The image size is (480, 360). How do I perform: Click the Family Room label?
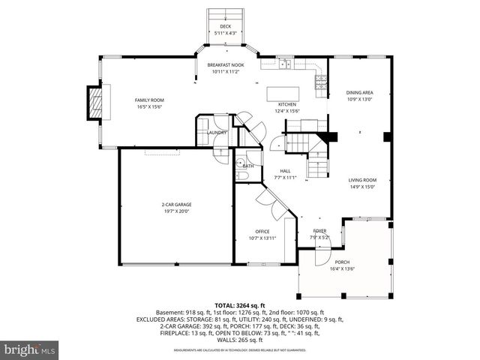[149, 100]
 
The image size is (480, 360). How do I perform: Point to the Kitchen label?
[287, 104]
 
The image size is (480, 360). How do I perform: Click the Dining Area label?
[360, 92]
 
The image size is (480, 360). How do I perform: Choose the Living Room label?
[361, 180]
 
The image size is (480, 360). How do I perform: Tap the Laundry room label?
[207, 133]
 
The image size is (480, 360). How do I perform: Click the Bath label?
[247, 166]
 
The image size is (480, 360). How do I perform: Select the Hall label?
[285, 171]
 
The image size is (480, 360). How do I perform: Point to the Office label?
[262, 232]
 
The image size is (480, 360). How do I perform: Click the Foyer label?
[319, 232]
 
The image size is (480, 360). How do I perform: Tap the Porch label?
[343, 262]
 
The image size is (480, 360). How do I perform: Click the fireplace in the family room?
[95, 103]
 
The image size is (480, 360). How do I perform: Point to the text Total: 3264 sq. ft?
[239, 305]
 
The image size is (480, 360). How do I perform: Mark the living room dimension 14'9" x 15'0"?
[361, 187]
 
